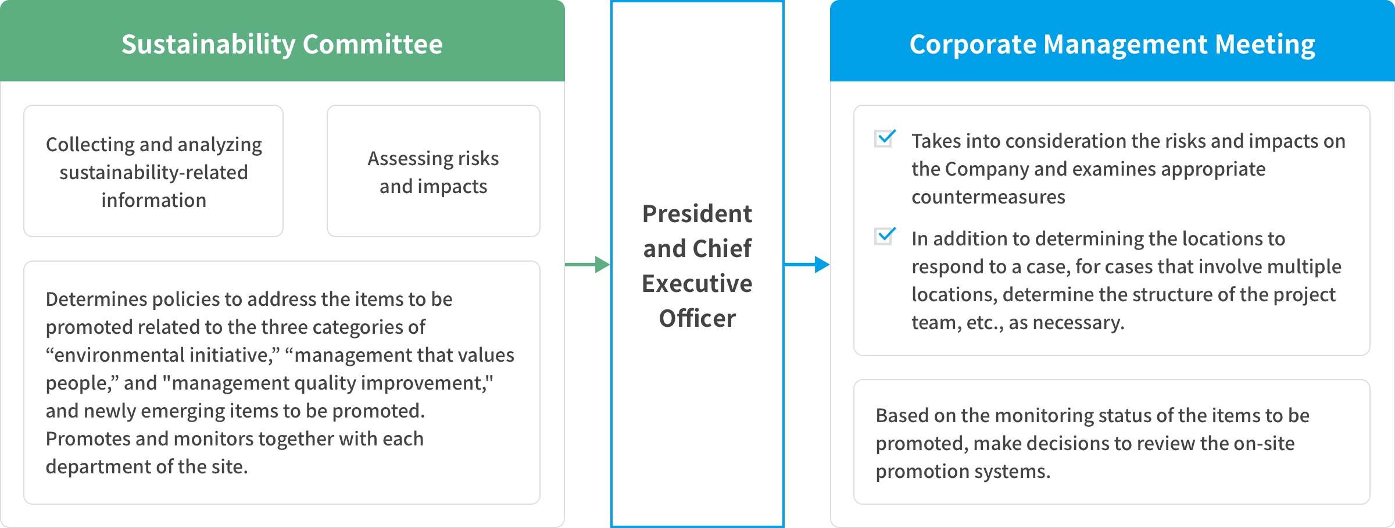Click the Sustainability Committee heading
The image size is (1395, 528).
282,44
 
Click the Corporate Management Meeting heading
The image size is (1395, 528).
1112,44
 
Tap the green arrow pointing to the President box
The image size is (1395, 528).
587,265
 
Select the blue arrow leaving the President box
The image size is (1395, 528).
807,265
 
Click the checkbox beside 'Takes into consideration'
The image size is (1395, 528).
885,138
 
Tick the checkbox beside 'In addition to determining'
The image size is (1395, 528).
885,236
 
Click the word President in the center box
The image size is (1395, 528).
697,214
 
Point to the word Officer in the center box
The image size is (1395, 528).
697,319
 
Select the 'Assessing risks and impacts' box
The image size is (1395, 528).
434,171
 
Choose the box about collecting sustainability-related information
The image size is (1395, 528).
153,171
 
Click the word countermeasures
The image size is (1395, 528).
988,197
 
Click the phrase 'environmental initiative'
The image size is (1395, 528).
163,355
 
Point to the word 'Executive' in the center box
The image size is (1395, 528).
697,284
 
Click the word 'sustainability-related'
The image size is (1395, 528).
153,173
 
